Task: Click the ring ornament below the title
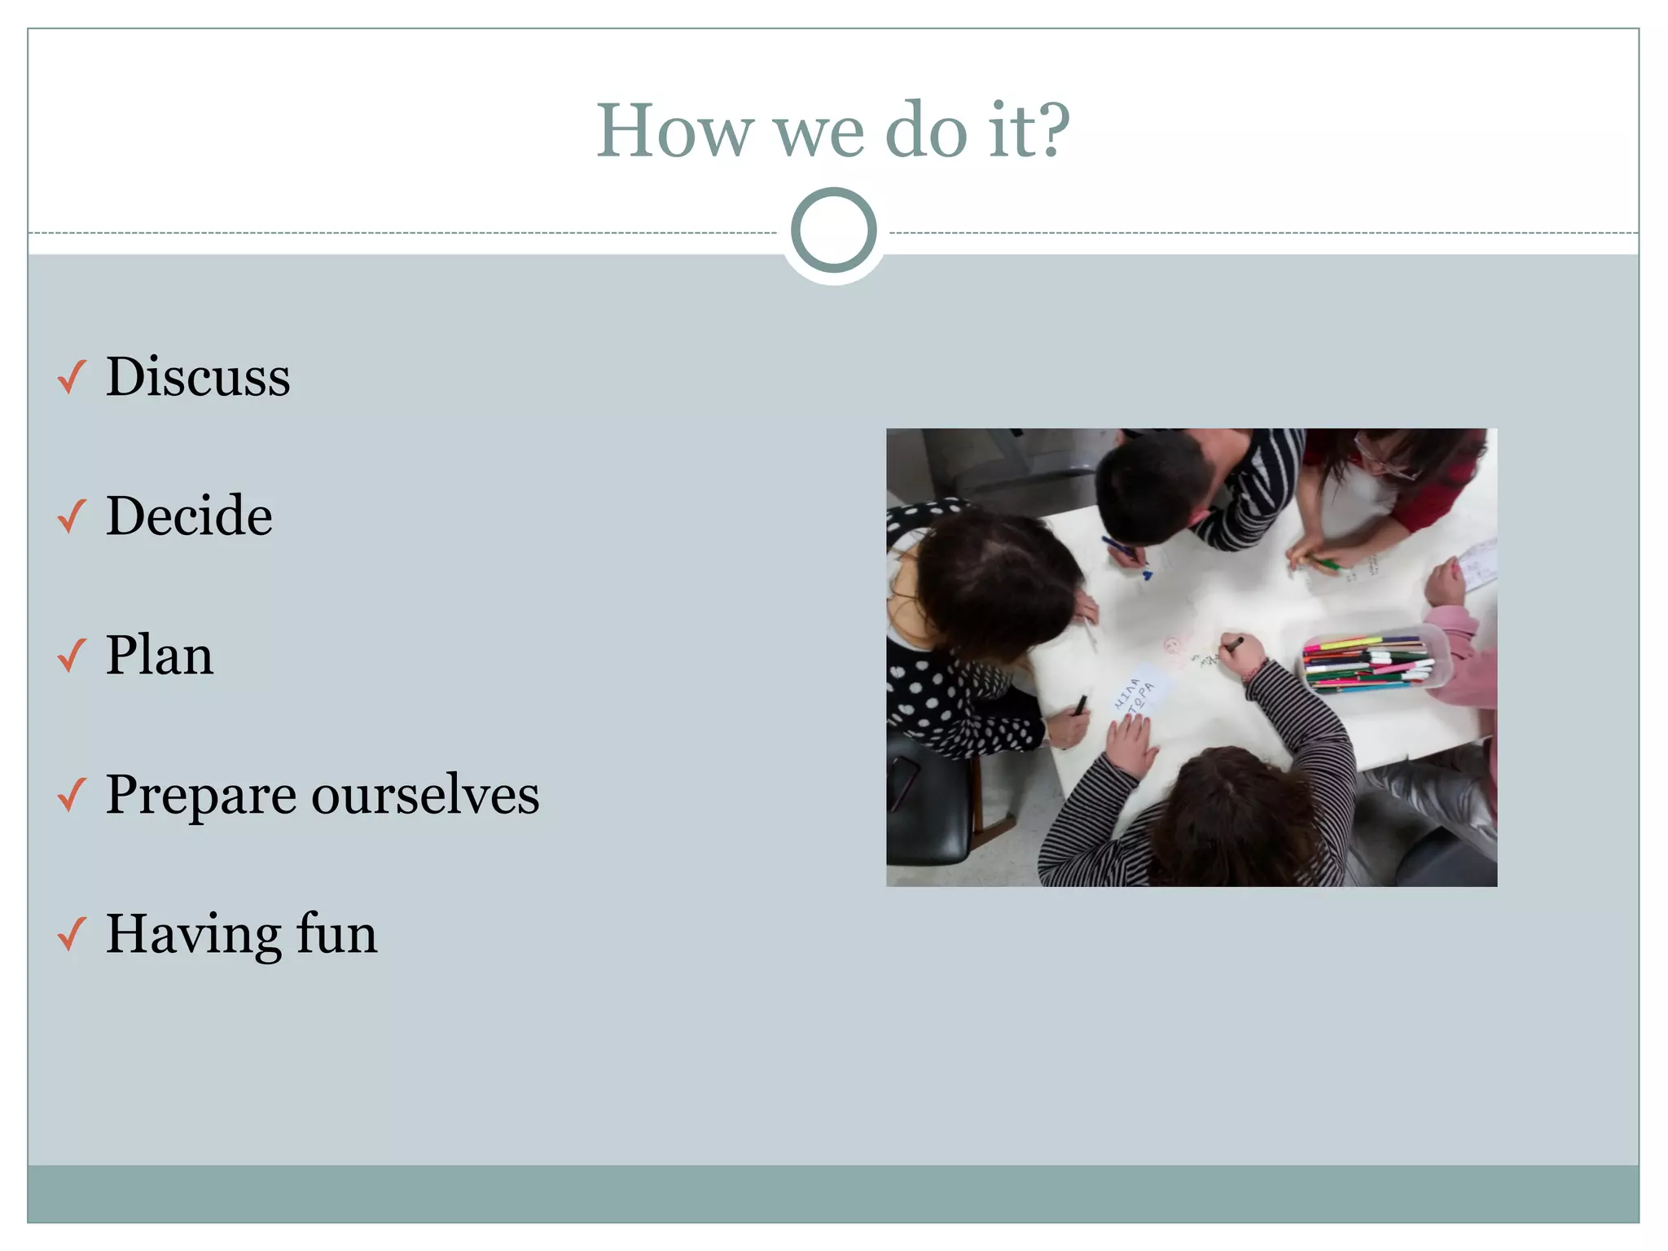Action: [833, 230]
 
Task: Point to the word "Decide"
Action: [189, 516]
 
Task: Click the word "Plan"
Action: [160, 655]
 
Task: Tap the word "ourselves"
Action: [425, 795]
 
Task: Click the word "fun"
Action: [336, 933]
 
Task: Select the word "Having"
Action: [192, 935]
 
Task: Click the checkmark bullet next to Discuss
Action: [72, 377]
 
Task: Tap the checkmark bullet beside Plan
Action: [72, 656]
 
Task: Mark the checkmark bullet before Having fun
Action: [72, 934]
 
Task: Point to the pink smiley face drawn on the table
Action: [1173, 648]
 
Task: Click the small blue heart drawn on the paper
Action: [1147, 575]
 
